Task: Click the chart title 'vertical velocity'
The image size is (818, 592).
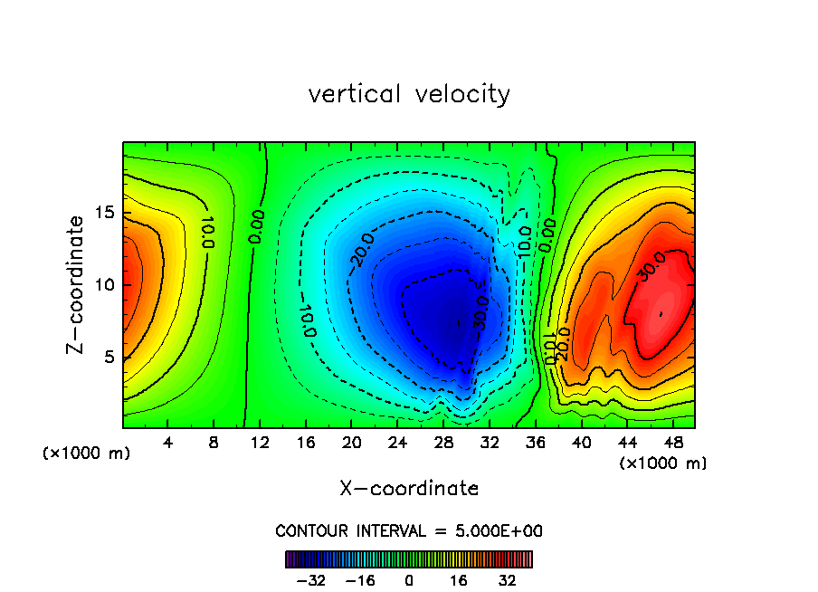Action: pyautogui.click(x=409, y=94)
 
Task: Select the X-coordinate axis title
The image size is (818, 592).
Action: pyautogui.click(x=409, y=489)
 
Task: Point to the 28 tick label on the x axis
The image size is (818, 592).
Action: pyautogui.click(x=442, y=443)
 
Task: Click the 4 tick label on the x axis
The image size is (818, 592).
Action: pyautogui.click(x=167, y=443)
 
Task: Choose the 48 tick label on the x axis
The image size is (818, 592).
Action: pyautogui.click(x=671, y=443)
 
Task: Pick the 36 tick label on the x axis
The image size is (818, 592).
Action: pyautogui.click(x=534, y=443)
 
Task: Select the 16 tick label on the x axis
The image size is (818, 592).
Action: pyautogui.click(x=305, y=443)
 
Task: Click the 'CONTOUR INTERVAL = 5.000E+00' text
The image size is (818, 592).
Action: pyautogui.click(x=409, y=531)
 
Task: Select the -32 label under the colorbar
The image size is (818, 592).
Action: pyautogui.click(x=309, y=580)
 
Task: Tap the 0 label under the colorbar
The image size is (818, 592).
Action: pyautogui.click(x=409, y=580)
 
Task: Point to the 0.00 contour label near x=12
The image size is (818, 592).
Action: pyautogui.click(x=257, y=227)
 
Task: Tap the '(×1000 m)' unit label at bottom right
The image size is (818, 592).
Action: pyautogui.click(x=663, y=463)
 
